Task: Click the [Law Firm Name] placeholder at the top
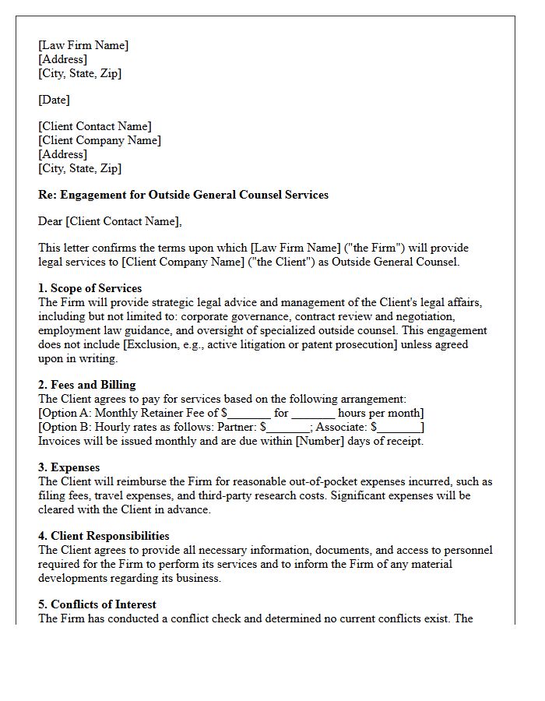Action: click(x=83, y=45)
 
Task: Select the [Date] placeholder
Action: click(x=54, y=100)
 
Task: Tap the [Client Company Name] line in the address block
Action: click(x=100, y=140)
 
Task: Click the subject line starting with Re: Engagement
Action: click(x=183, y=195)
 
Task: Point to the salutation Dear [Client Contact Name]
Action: click(x=110, y=221)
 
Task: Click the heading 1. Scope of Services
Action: click(x=90, y=288)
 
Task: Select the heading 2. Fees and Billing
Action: click(x=87, y=385)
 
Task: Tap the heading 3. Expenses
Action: click(x=69, y=467)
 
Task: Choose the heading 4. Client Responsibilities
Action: click(x=104, y=536)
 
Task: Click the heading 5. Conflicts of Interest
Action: click(x=97, y=604)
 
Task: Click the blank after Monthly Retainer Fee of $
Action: click(x=249, y=414)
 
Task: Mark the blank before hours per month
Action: click(x=313, y=414)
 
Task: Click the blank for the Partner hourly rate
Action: click(x=288, y=428)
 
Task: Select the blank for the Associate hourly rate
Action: click(x=399, y=428)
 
